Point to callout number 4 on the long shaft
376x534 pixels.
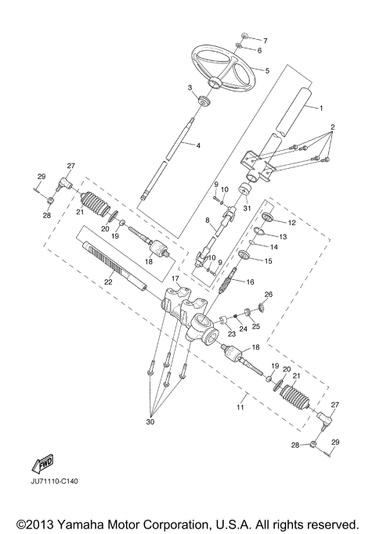pos(197,145)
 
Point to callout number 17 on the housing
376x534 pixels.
pos(176,278)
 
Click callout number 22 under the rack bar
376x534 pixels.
pos(109,282)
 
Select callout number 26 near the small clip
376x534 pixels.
pos(269,295)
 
